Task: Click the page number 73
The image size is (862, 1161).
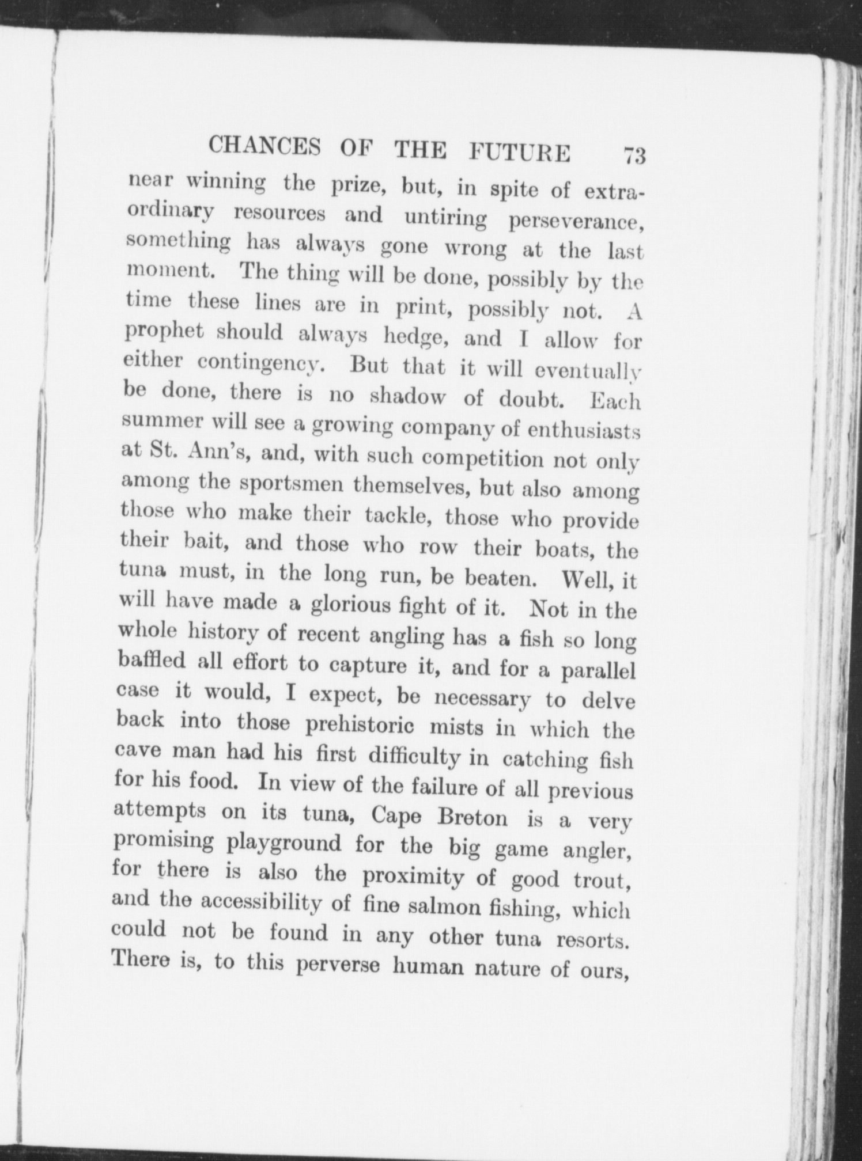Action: click(x=633, y=155)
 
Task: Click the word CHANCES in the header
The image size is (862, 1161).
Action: click(x=264, y=147)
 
